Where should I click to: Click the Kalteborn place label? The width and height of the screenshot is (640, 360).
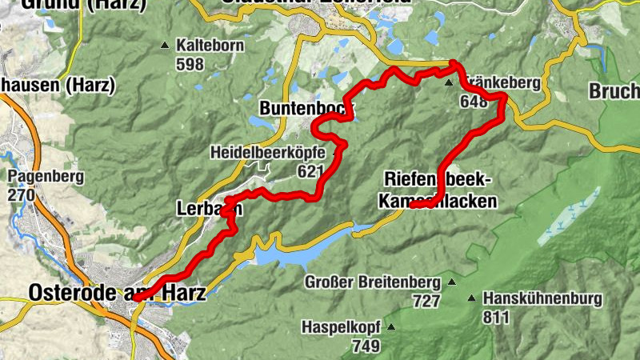pos(212,46)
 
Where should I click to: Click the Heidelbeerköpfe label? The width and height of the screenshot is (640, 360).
pos(267,152)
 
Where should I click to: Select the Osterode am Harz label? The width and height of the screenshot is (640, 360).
pos(117,294)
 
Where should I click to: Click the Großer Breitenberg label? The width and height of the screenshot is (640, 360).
pos(373,283)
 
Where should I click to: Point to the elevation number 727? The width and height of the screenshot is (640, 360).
pos(426,301)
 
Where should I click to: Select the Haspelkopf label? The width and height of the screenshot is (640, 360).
pos(339,327)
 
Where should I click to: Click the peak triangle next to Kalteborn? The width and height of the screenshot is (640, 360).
pos(165,46)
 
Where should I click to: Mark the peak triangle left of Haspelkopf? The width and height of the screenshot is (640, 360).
pos(391,327)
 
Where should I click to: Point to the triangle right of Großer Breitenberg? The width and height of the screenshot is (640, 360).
pos(452,282)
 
